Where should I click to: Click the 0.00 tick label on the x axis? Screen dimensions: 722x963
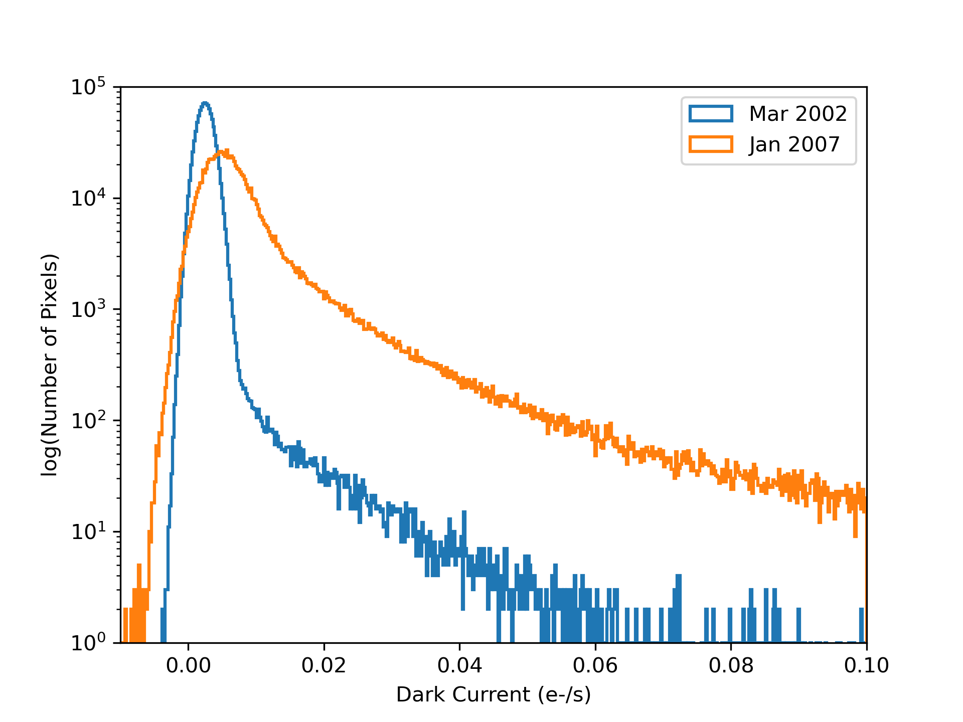click(188, 666)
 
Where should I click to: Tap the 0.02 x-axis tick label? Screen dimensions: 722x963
click(324, 666)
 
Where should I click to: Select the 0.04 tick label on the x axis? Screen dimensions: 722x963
click(459, 666)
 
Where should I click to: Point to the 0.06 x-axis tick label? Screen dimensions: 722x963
click(595, 666)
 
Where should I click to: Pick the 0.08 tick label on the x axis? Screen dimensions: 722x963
click(731, 666)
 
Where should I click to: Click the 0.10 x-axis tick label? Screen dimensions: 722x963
click(866, 666)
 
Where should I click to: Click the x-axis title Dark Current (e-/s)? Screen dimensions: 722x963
click(494, 695)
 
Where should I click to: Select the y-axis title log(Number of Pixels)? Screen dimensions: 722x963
click(50, 365)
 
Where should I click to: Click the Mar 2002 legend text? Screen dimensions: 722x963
click(797, 114)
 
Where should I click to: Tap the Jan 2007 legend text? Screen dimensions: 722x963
click(794, 144)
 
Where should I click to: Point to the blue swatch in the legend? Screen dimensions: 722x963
click(711, 114)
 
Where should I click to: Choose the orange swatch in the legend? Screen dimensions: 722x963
click(711, 144)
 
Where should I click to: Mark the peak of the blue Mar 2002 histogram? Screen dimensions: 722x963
click(205, 103)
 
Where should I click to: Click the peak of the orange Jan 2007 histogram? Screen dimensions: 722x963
click(226, 150)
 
